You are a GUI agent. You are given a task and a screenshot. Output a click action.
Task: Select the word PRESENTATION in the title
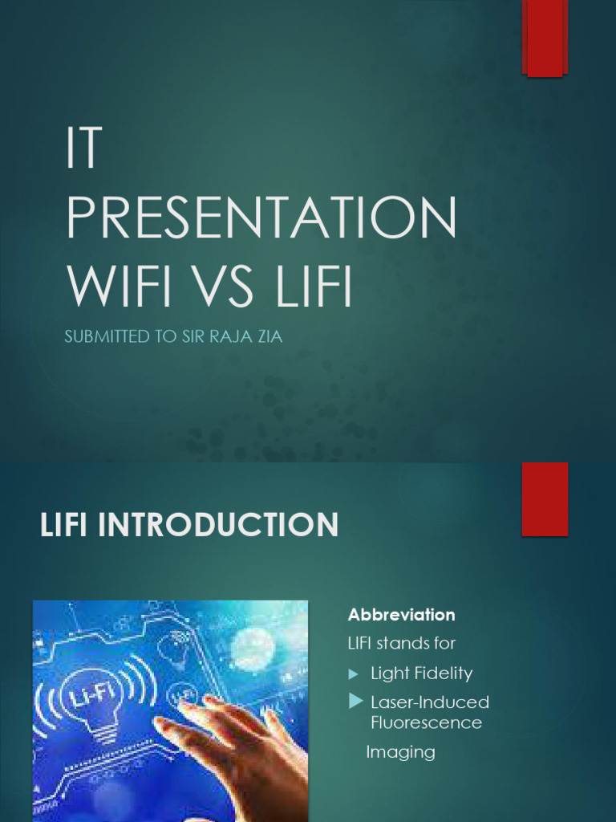pos(261,218)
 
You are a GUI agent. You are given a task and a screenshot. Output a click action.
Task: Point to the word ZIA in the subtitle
pos(266,337)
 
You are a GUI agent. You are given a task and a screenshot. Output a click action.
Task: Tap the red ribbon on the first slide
pos(545,39)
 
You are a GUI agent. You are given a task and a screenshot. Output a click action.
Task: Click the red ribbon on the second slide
pos(545,498)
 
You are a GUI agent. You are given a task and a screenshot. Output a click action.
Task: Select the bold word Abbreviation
pos(401,615)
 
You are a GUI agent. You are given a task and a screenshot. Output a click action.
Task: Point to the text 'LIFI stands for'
pos(401,644)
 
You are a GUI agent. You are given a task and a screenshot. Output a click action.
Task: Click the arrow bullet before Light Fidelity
pos(353,673)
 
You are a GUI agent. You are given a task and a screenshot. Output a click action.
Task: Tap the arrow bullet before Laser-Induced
pos(355,702)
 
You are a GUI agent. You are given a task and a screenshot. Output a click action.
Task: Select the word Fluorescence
pos(426,722)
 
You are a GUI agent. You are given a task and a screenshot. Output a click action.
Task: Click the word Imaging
pos(400,752)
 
